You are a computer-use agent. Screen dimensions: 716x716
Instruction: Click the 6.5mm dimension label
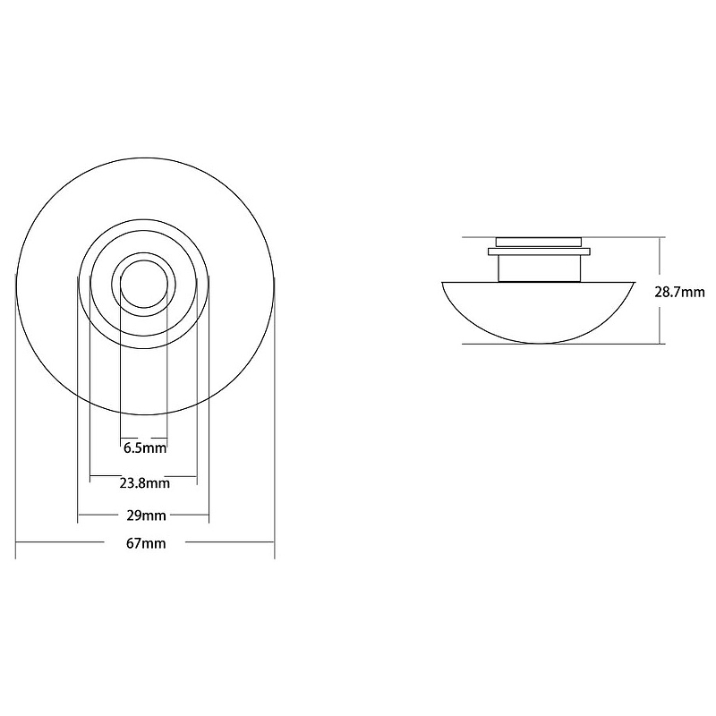pyautogui.click(x=145, y=448)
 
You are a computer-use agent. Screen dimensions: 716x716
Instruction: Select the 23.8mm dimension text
pyautogui.click(x=145, y=483)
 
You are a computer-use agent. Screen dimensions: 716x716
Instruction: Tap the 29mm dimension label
pyautogui.click(x=146, y=516)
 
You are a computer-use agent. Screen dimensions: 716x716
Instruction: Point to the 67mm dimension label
pyautogui.click(x=146, y=543)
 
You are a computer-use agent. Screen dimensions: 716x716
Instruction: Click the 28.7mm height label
pyautogui.click(x=679, y=293)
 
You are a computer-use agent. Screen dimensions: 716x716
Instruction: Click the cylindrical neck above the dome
pyautogui.click(x=539, y=268)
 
